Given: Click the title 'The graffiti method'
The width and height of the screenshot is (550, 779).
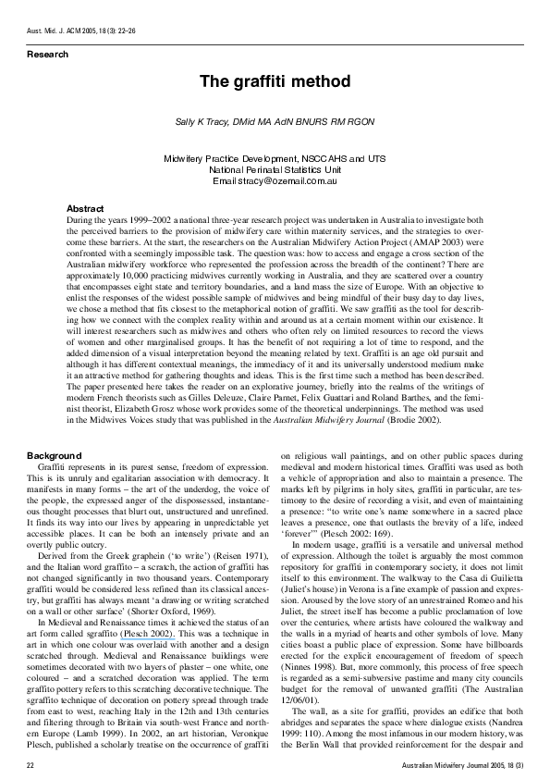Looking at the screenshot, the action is point(275,81).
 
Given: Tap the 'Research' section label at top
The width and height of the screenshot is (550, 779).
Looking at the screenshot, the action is point(47,55).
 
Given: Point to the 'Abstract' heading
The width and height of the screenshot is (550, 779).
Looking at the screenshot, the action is point(86,209).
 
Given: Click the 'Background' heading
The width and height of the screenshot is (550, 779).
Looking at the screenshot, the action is point(55,456).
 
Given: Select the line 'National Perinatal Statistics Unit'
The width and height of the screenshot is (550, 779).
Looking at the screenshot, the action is point(275,170).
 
